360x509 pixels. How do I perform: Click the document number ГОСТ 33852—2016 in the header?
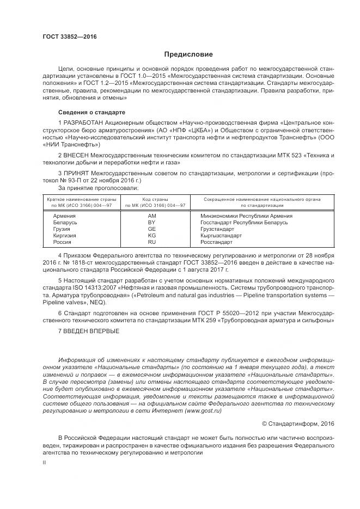[69, 36]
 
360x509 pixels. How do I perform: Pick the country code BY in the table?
[152, 223]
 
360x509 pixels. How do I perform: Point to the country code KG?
[152, 236]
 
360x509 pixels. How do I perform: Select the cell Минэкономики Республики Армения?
[246, 216]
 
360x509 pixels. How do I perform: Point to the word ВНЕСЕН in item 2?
[76, 156]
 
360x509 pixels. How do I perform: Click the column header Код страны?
[155, 200]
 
